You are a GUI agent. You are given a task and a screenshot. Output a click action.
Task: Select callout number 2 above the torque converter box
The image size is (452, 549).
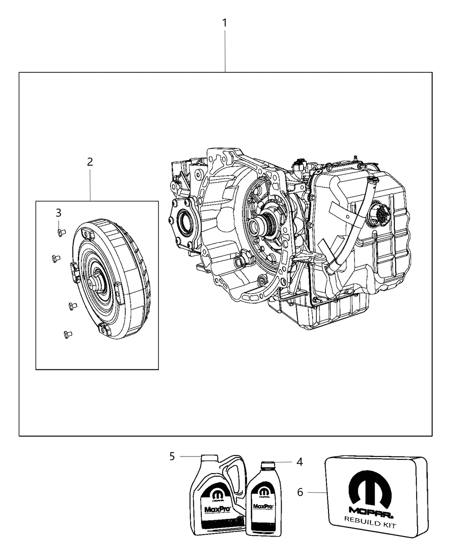pos(90,162)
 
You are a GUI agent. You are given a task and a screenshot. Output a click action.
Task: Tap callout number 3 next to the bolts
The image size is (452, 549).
pos(58,213)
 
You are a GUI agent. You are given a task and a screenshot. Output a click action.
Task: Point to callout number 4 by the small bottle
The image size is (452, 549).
pos(300,462)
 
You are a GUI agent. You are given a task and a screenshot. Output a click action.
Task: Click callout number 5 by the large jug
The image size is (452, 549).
pos(172,456)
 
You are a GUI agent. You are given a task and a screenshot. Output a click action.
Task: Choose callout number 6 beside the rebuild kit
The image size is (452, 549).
pos(300,492)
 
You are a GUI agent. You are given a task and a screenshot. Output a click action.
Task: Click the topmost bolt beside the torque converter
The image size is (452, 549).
pos(61,233)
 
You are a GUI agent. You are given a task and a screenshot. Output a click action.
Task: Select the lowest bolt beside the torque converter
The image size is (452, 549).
pos(67,334)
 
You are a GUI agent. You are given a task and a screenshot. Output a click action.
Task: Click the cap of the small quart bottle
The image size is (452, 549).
pos(268,465)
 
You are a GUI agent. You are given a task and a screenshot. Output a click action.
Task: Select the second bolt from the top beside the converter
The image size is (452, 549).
pos(54,258)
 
